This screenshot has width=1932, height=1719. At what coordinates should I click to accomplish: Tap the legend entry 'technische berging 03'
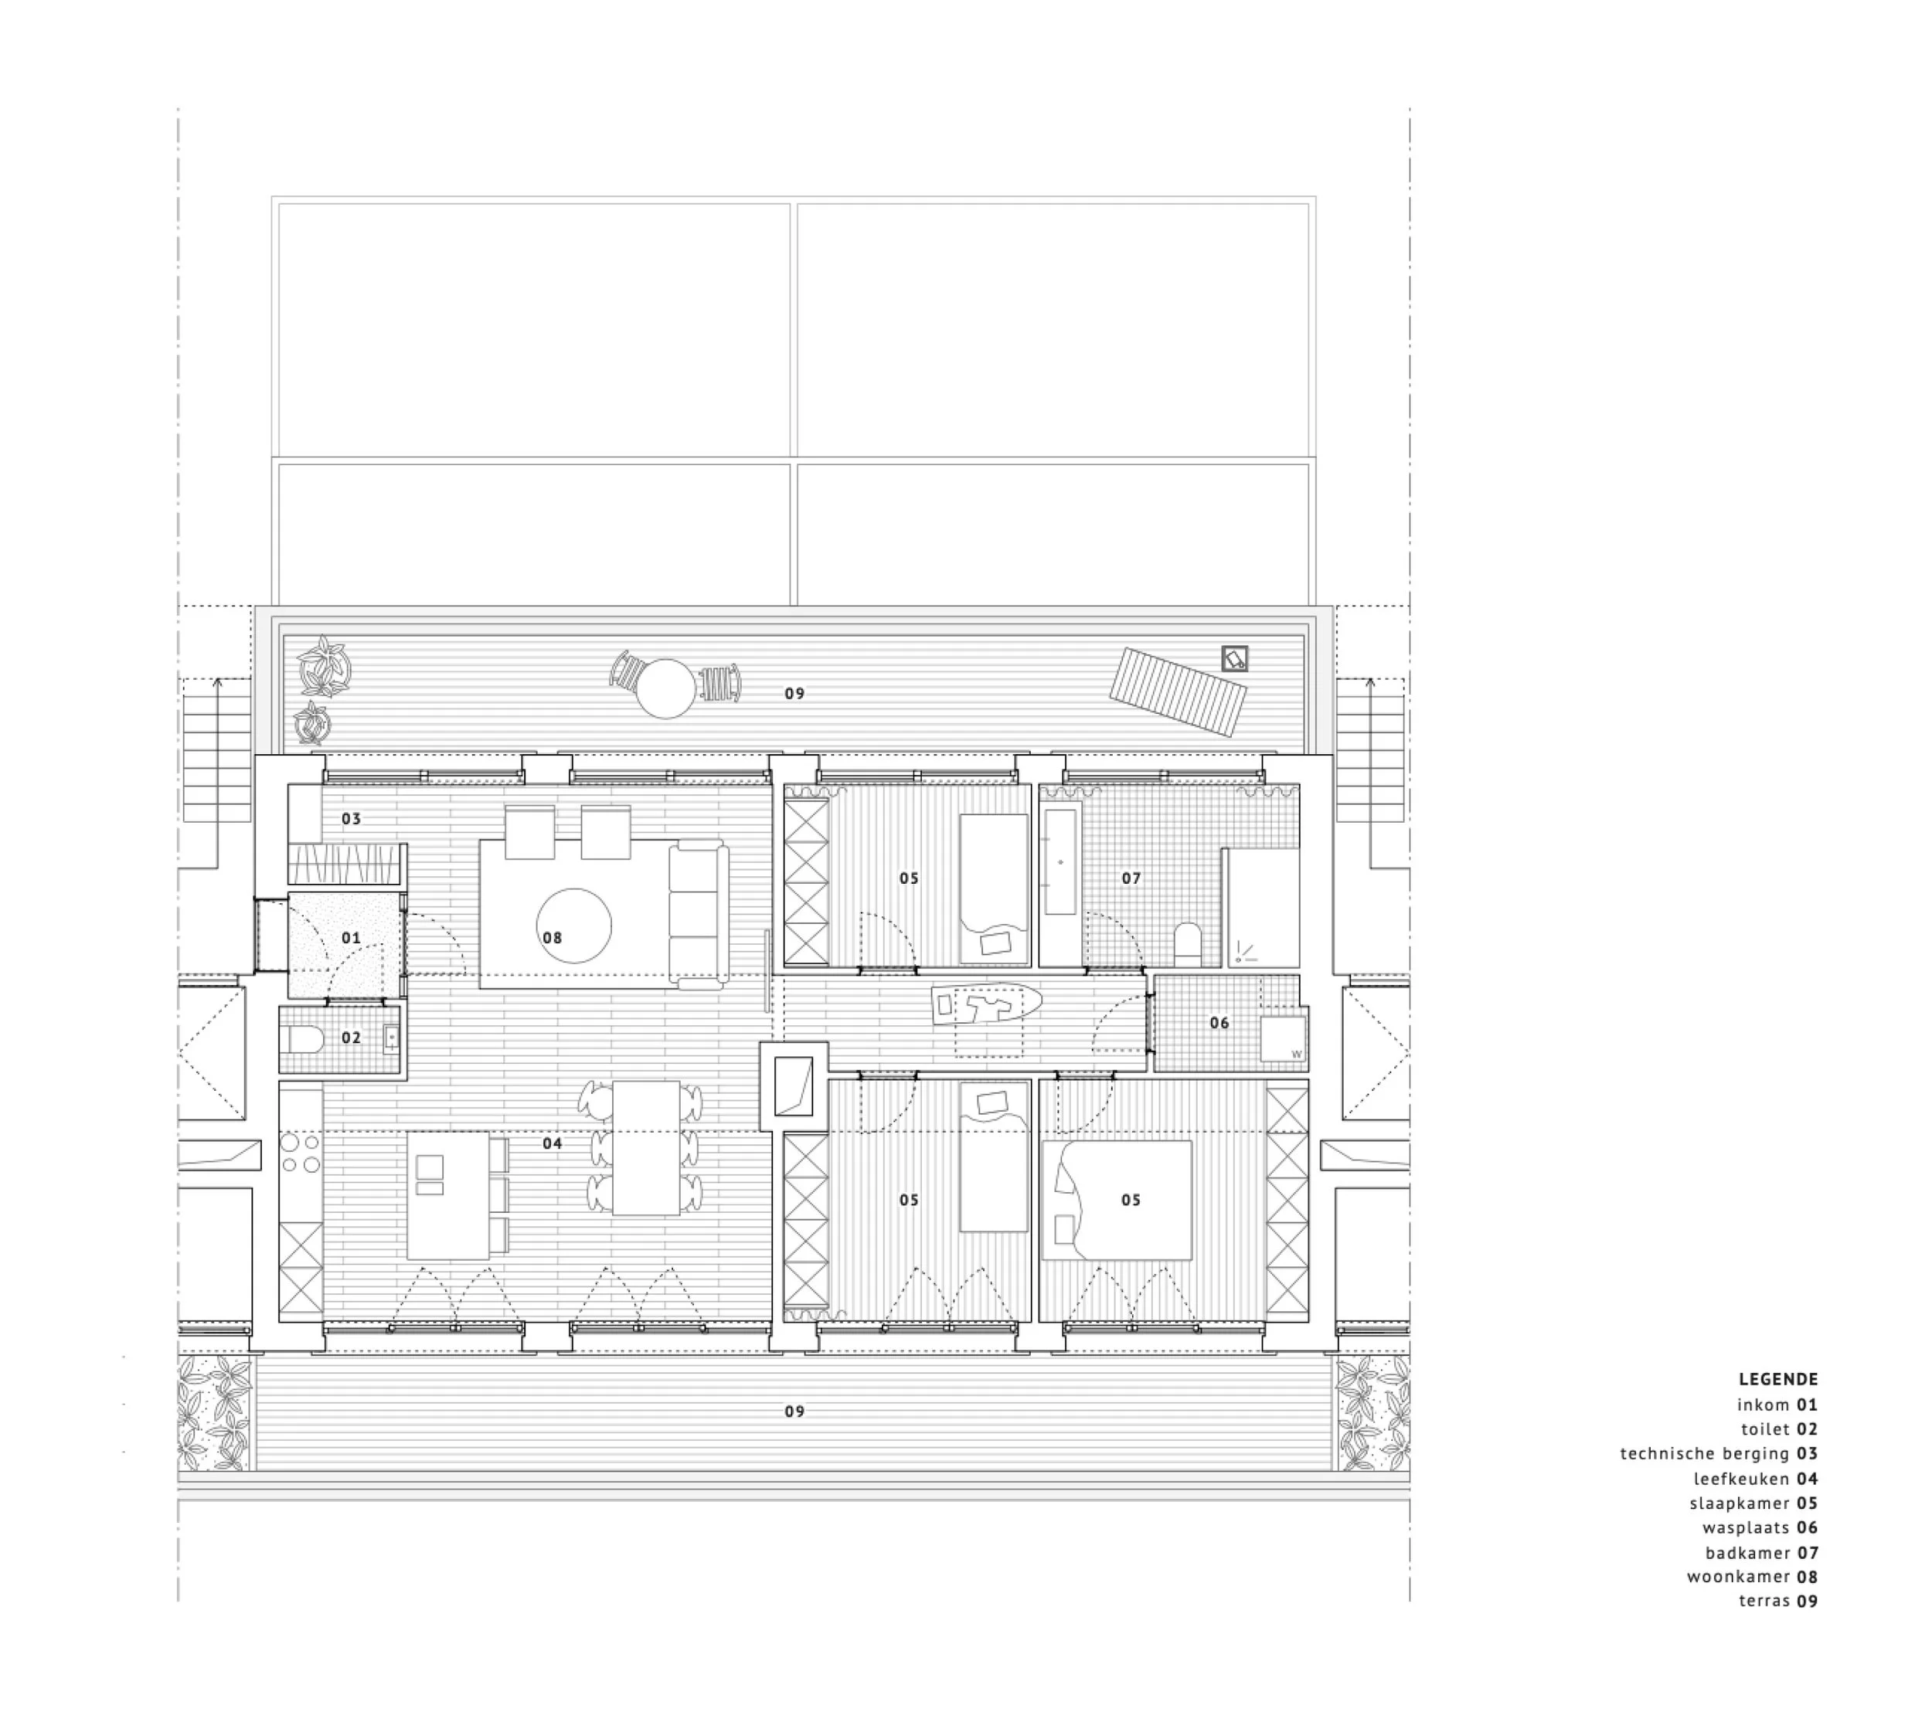tap(1719, 1453)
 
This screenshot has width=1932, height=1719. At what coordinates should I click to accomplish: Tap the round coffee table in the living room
tap(573, 927)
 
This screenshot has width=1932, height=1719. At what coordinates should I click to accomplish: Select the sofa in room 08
tap(698, 915)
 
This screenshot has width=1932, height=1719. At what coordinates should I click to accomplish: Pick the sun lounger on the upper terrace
tap(1177, 691)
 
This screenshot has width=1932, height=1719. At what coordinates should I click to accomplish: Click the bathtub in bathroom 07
tap(1060, 862)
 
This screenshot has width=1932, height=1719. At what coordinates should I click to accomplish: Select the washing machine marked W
tap(1284, 1038)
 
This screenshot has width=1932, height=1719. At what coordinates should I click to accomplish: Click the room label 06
tap(1219, 1023)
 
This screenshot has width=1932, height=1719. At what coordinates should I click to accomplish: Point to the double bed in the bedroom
tap(1117, 1200)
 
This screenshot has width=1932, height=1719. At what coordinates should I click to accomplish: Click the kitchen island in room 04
tap(448, 1195)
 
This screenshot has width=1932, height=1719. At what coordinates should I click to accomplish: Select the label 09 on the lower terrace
tap(794, 1411)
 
